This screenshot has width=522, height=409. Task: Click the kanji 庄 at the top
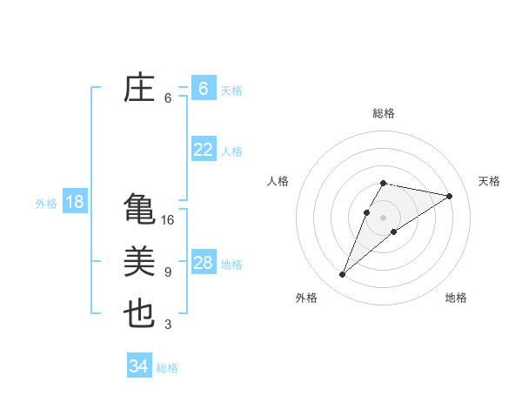(140, 89)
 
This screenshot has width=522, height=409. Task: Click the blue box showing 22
(204, 150)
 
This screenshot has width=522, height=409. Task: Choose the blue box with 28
(204, 263)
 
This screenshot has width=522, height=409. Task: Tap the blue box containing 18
(75, 202)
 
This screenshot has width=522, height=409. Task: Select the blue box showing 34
(138, 366)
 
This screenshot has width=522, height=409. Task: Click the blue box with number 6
(204, 88)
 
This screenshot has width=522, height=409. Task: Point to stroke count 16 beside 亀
(168, 220)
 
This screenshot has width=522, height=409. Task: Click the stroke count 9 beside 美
(168, 272)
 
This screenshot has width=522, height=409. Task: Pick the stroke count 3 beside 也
(168, 325)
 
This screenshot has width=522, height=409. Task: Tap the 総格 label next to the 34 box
(167, 368)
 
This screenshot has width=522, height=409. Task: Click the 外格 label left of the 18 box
(46, 204)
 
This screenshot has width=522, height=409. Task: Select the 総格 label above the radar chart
(384, 113)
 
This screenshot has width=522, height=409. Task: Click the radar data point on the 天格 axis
(450, 196)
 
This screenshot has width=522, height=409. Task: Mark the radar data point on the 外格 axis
(343, 275)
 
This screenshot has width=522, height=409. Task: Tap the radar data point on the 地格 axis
(394, 231)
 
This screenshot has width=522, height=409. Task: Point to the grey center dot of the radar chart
(384, 218)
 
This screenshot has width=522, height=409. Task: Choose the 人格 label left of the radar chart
(278, 181)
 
